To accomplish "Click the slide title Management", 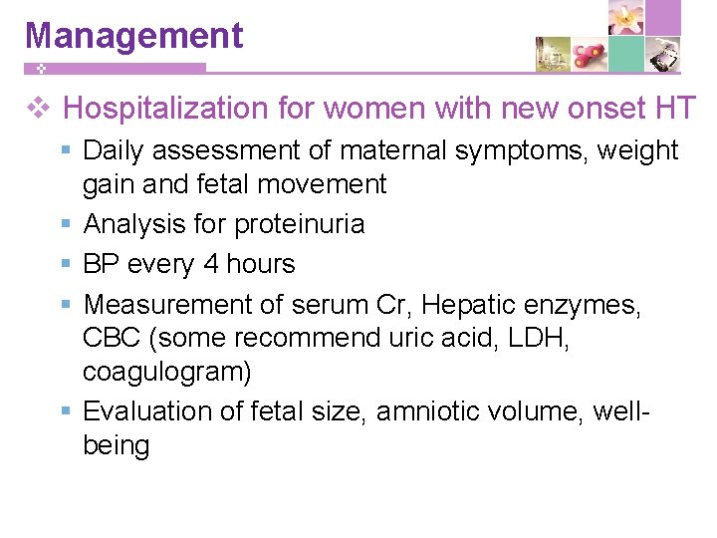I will [133, 35].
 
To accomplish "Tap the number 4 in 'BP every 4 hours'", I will [210, 264].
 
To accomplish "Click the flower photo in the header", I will [626, 18].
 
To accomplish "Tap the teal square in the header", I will [626, 54].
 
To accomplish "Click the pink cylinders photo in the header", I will [590, 54].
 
